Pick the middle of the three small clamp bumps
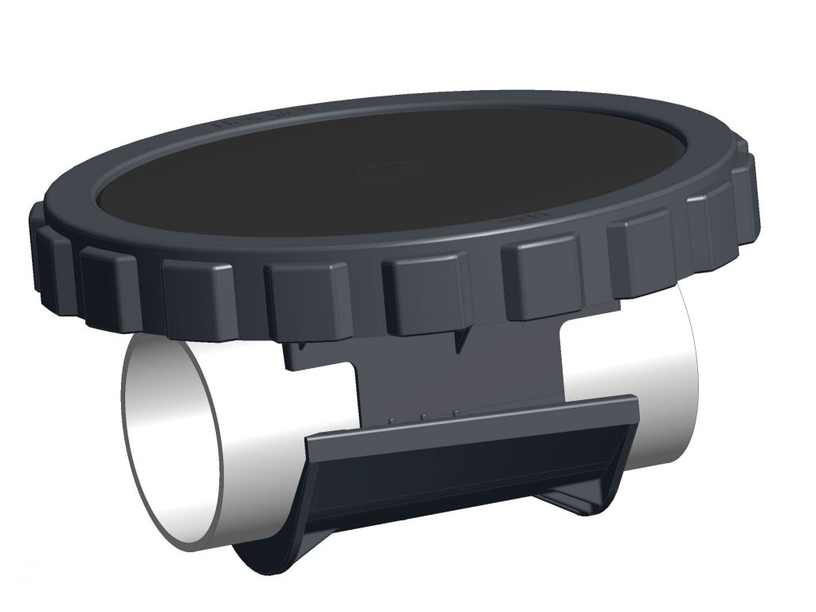[x=424, y=414]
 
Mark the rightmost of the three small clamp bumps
[x=455, y=412]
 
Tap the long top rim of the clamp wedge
[x=470, y=419]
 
